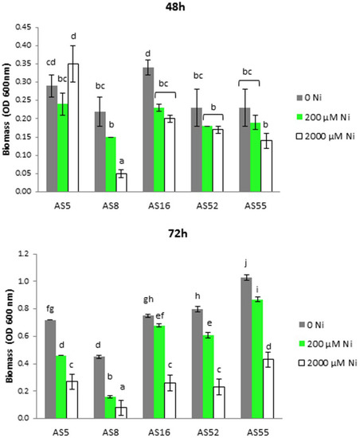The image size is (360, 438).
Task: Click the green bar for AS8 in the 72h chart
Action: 113,407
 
